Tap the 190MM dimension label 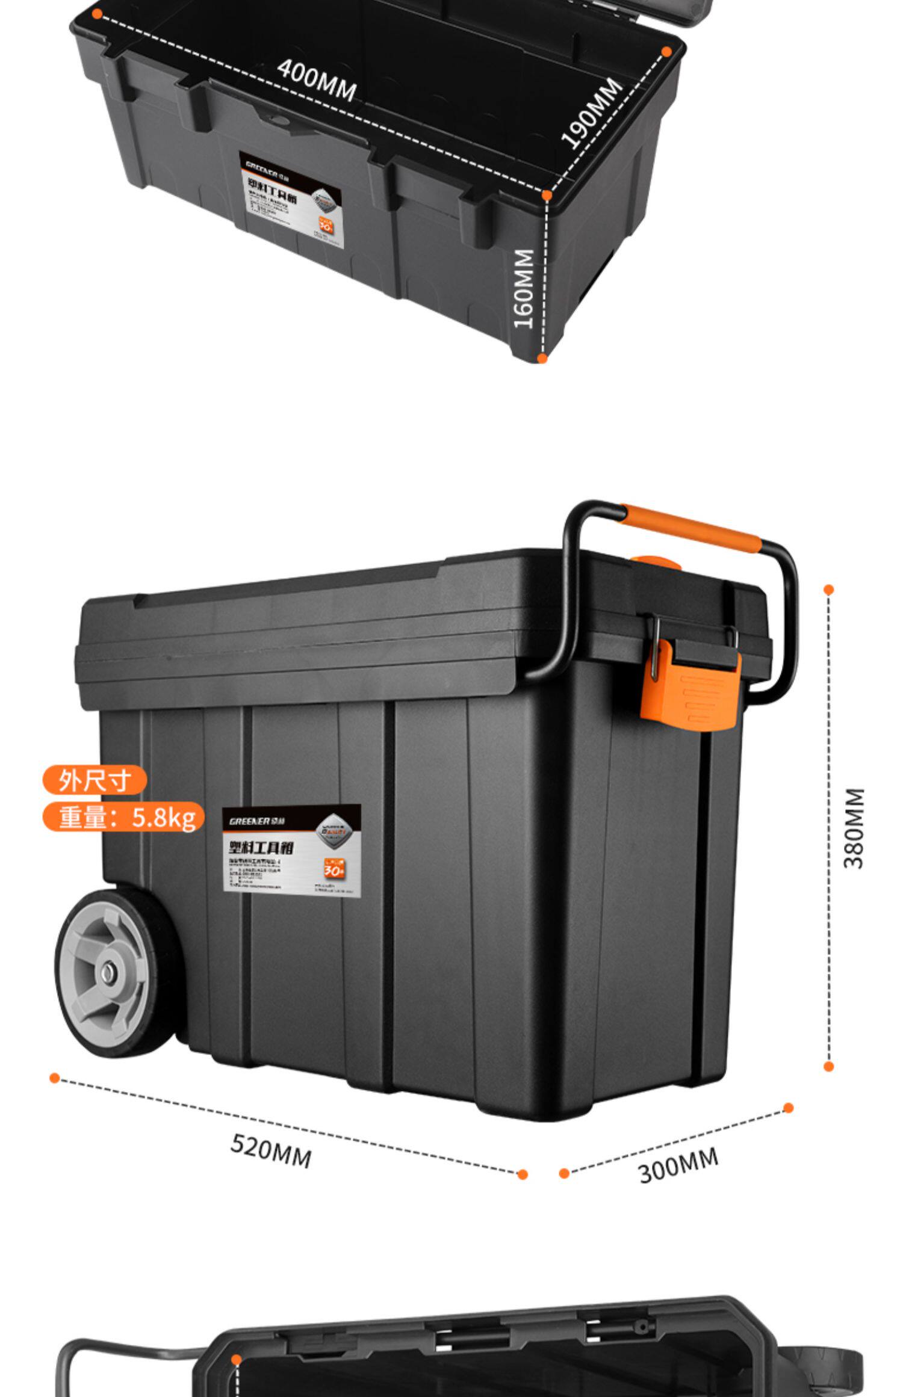click(x=592, y=114)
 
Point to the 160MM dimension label click(x=523, y=289)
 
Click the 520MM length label click(x=271, y=1150)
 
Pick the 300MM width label click(x=678, y=1165)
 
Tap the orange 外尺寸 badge click(x=95, y=781)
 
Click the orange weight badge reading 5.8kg click(x=124, y=817)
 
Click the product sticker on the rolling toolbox click(x=291, y=848)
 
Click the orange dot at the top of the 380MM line click(x=829, y=590)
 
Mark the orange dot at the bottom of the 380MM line click(x=829, y=1067)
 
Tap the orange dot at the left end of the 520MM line click(x=55, y=1078)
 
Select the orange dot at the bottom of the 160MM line click(x=542, y=359)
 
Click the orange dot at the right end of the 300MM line click(x=789, y=1108)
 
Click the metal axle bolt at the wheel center click(x=110, y=972)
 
